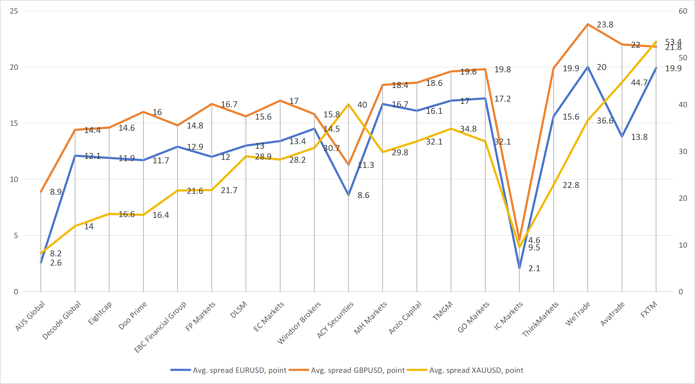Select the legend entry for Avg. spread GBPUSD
click(358, 370)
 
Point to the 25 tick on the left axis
click(14, 11)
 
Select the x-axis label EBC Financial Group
click(160, 327)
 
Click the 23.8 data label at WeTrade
click(605, 25)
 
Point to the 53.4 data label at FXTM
click(673, 42)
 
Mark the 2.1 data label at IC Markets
click(534, 269)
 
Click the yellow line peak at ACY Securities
click(349, 104)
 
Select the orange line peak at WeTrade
click(588, 24)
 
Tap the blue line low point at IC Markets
click(519, 268)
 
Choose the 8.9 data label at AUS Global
click(56, 192)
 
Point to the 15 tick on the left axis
click(14, 123)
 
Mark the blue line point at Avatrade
click(622, 137)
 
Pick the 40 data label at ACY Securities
click(362, 105)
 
